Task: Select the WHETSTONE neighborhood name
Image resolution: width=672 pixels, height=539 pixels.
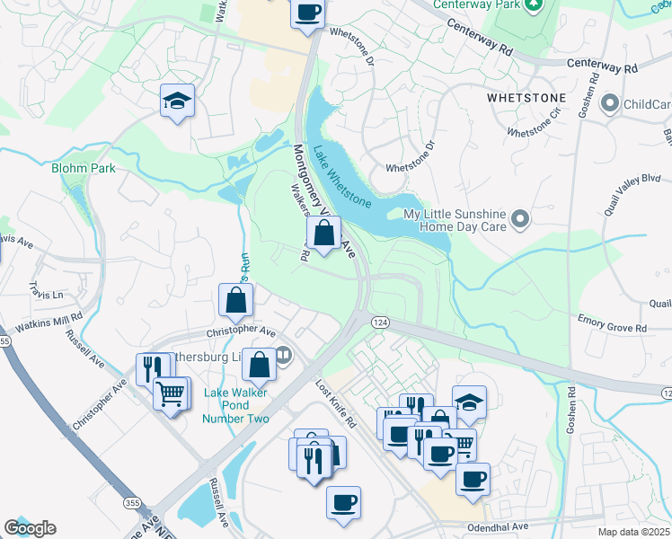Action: (526, 97)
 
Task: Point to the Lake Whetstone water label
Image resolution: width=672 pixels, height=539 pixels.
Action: (341, 176)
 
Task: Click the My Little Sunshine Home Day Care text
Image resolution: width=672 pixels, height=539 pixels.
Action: (455, 220)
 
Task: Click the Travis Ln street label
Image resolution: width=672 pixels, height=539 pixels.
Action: (46, 294)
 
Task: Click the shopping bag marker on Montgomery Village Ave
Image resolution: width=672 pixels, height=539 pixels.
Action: (324, 234)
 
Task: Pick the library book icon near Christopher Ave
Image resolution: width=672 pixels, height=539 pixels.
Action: (284, 356)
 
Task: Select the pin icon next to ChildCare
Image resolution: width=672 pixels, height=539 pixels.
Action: (611, 104)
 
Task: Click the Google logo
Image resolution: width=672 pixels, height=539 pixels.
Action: (30, 528)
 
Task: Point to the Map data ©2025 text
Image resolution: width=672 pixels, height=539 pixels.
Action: (633, 532)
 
